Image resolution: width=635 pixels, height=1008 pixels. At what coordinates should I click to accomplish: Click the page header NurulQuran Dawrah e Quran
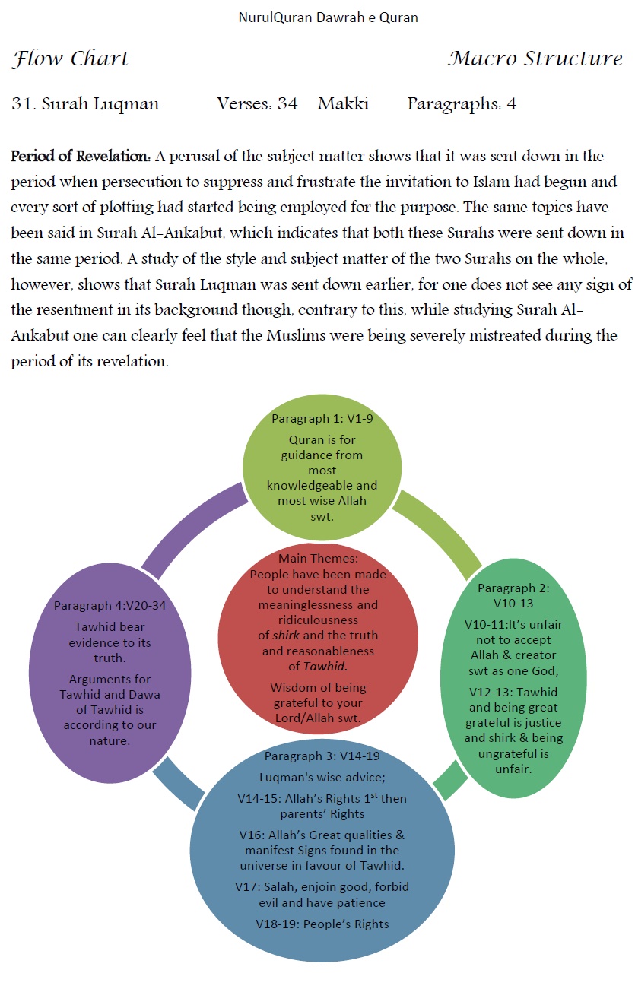click(328, 17)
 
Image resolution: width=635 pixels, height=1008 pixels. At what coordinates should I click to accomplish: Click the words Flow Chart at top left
click(71, 59)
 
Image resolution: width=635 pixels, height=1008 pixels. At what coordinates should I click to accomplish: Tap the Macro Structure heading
click(535, 59)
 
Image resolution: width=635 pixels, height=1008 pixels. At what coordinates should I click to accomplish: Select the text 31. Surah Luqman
click(85, 104)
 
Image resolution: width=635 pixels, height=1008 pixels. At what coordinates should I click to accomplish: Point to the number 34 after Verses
click(287, 104)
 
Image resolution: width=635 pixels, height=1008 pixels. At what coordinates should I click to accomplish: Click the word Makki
click(343, 104)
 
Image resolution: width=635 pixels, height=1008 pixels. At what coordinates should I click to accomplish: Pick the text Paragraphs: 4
click(462, 104)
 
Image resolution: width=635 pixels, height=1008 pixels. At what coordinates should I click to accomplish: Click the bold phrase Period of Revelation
click(80, 157)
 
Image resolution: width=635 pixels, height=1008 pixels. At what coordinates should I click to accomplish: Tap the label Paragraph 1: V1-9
click(322, 419)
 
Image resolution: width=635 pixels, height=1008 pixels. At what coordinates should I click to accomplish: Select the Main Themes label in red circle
click(318, 559)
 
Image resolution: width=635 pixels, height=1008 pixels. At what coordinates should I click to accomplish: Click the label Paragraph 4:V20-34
click(110, 605)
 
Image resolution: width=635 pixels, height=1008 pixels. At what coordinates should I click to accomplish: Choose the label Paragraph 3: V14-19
click(322, 756)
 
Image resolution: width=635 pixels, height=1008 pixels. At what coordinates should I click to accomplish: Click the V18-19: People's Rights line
click(322, 924)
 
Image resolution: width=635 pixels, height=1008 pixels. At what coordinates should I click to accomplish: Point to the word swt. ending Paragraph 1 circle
click(322, 516)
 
